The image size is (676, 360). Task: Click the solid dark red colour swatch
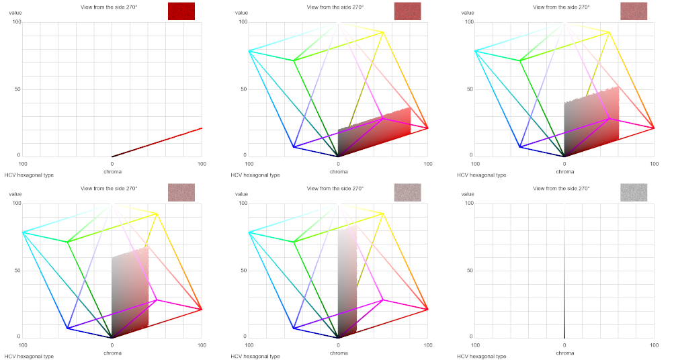pyautogui.click(x=181, y=11)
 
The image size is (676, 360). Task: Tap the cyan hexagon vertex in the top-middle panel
pyautogui.click(x=249, y=51)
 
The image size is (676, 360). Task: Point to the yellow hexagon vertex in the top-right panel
pyautogui.click(x=609, y=32)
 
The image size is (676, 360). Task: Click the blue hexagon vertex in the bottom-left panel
pyautogui.click(x=67, y=328)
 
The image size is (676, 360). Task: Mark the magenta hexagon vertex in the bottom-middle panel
pyautogui.click(x=383, y=300)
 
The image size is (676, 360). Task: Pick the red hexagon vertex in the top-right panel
pyautogui.click(x=654, y=128)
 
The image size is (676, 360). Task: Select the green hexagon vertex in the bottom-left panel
pyautogui.click(x=67, y=242)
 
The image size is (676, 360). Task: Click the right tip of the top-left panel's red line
pyautogui.click(x=202, y=128)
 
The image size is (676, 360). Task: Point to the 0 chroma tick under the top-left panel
pyautogui.click(x=112, y=163)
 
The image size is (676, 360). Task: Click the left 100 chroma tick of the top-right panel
pyautogui.click(x=476, y=163)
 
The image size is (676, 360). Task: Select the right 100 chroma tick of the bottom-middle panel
pyautogui.click(x=427, y=345)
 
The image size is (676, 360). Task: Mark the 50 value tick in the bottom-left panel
pyautogui.click(x=17, y=271)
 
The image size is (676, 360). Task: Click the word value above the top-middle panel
pyautogui.click(x=241, y=13)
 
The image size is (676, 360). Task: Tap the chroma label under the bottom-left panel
pyautogui.click(x=112, y=353)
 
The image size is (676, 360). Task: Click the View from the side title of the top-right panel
pyautogui.click(x=561, y=7)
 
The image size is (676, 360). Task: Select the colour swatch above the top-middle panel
pyautogui.click(x=407, y=11)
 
